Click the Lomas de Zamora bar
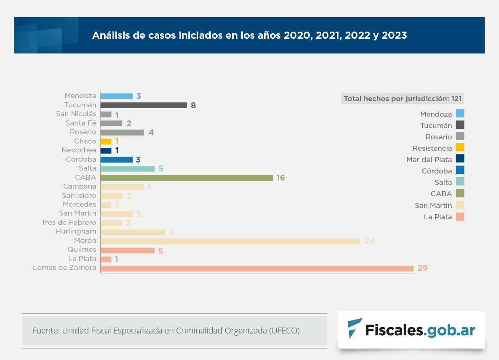coord(257,268)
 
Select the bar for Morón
coord(230,241)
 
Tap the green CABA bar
coord(187,178)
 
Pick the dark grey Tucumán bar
coord(144,105)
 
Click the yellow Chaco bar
coord(106,141)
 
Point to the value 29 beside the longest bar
coord(422,268)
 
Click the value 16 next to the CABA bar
coord(280,178)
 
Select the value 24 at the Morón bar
coord(369,241)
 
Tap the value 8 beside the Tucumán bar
coord(193,105)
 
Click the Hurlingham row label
coord(76,232)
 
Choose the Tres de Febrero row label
coord(69,222)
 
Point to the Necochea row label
coord(79,150)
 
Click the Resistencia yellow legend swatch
coord(460,148)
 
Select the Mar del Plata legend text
coord(429,160)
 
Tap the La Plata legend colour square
coord(460,217)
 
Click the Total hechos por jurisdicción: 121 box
coord(403,99)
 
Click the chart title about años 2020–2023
coord(249,35)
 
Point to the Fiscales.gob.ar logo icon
coord(354,329)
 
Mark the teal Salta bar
coord(128,168)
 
